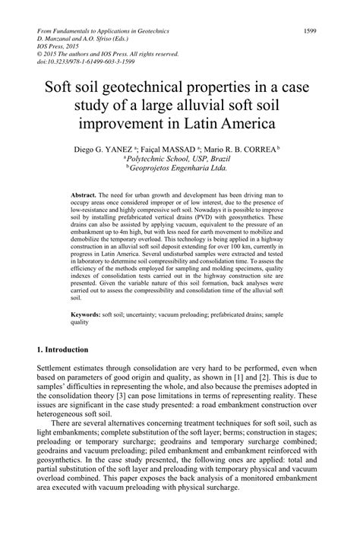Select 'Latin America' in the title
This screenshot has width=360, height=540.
click(x=232, y=122)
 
